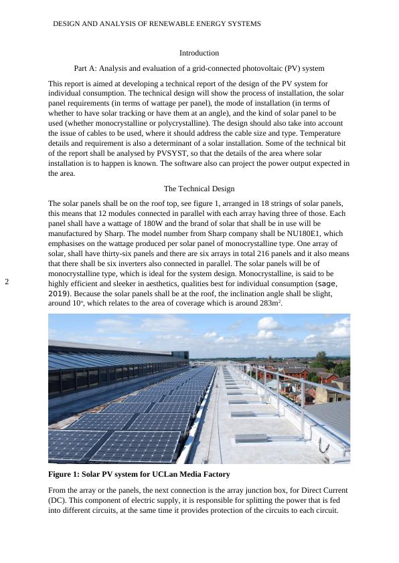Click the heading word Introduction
[x=199, y=53]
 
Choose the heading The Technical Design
[x=199, y=189]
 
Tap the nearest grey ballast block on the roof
[x=251, y=439]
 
